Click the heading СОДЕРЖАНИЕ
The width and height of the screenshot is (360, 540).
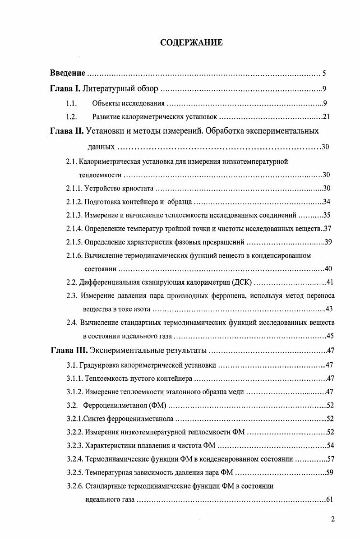191,43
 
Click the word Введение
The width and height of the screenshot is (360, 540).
68,73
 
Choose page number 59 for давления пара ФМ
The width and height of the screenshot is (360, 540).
329,473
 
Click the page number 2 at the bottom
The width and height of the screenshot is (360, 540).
332,519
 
